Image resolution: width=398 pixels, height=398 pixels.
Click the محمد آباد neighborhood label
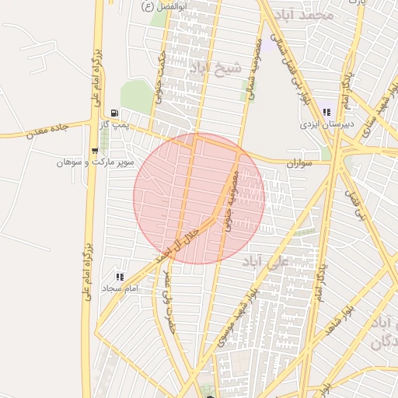pos(309,15)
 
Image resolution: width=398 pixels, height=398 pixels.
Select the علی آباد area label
pos(266,260)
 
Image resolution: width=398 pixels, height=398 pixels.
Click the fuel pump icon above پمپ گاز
pos(115,113)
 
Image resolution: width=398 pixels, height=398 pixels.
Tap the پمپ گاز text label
pos(115,124)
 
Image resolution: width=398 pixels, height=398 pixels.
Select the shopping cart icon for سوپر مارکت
pos(94,151)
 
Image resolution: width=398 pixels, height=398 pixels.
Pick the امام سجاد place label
pos(120,288)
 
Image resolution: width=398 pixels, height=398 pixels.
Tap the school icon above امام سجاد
pos(119,276)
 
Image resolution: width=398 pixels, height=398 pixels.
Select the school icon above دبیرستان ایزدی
pos(326,112)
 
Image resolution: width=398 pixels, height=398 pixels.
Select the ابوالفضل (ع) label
pos(158,6)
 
